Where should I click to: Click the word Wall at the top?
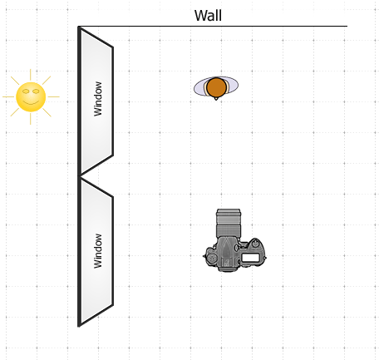208,16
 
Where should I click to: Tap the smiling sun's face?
31,97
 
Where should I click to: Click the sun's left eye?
26,91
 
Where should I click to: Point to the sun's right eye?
36,91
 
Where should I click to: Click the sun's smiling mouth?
31,103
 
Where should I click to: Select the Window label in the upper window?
97,99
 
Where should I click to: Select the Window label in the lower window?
97,251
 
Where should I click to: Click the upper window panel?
96,101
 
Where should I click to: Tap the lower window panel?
96,252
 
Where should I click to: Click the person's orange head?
217,87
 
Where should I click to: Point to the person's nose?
216,98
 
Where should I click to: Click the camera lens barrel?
229,223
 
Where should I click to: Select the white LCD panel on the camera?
251,258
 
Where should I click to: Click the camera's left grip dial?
212,258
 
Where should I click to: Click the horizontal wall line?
213,27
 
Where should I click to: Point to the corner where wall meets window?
79,27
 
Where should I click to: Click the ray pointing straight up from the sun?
31,75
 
